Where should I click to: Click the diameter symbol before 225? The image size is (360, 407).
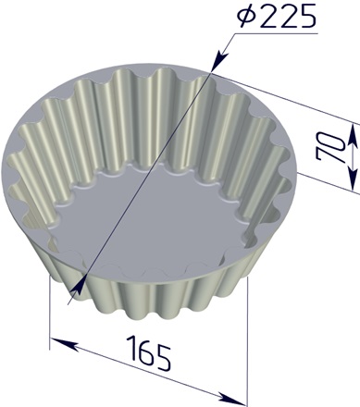pos(247,16)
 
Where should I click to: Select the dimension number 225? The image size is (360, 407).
pos(288,17)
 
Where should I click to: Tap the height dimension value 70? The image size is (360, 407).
pos(330,146)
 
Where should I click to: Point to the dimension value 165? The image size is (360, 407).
pos(150,353)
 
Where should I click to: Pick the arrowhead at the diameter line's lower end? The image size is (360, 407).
pos(78,288)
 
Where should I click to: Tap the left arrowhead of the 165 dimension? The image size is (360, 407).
pos(64,344)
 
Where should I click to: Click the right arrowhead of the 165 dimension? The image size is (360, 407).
pos(232,397)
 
